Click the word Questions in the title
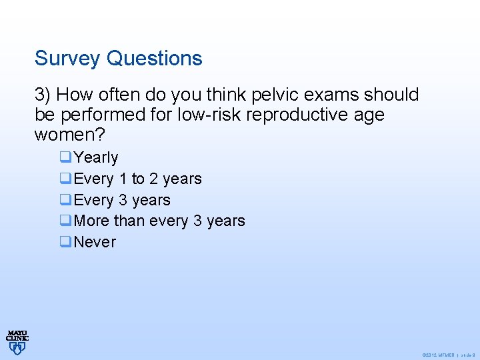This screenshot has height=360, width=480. coord(154,59)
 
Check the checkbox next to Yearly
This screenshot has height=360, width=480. coord(65,158)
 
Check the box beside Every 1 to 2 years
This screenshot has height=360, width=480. coord(65,179)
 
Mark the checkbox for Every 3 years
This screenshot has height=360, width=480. coord(65,201)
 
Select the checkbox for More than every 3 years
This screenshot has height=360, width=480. coord(65,221)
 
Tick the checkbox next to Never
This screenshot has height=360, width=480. coord(65,243)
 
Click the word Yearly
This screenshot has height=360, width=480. coord(96,158)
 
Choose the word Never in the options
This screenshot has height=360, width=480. coord(95,243)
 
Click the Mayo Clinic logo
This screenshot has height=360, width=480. coord(17,341)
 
